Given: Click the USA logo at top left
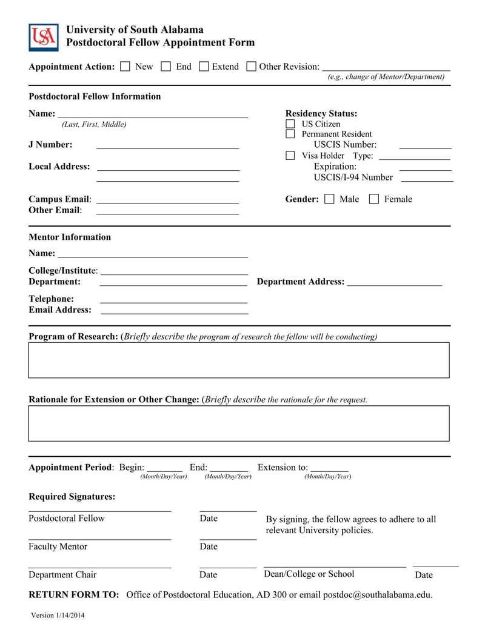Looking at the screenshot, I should [44, 38].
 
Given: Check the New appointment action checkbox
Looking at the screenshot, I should [125, 67].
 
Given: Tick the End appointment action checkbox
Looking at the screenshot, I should [166, 67].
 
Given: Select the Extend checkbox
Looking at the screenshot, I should [204, 67].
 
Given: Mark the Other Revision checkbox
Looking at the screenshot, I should [251, 67].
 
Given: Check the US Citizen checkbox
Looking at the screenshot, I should [290, 124].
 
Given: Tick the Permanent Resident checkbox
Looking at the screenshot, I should [290, 134].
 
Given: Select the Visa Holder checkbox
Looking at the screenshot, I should [290, 156].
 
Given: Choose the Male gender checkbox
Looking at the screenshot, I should [329, 199].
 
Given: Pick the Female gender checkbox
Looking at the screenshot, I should [374, 199].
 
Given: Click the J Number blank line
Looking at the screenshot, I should [167, 145].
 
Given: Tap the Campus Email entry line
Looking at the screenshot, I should [167, 200].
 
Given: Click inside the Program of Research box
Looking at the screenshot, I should [239, 360].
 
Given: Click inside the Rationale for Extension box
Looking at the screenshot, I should [239, 423].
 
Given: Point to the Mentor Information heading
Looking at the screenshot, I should [70, 237].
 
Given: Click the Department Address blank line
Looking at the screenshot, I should [395, 282].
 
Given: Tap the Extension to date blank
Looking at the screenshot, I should [329, 468].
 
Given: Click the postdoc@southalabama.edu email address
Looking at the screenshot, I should [378, 594].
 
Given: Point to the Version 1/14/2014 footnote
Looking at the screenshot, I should [58, 615].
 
